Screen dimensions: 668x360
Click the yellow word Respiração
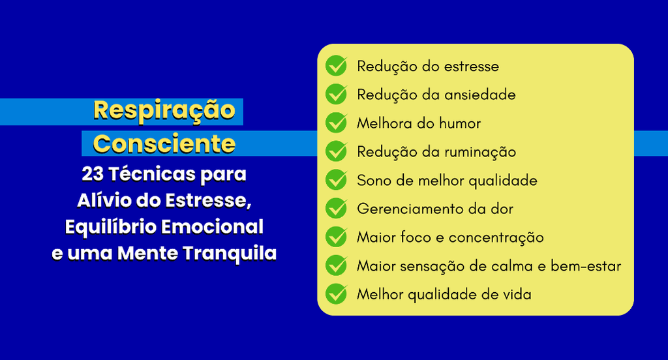[164, 111]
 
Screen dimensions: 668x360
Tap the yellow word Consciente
[164, 143]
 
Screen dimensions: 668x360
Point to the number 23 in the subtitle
[93, 174]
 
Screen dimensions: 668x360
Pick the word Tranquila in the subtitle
[230, 253]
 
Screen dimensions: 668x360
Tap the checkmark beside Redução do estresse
[337, 66]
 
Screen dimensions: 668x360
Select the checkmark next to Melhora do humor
[337, 123]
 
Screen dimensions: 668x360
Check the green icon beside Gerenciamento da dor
[337, 208]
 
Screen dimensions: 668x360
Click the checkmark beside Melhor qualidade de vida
[337, 294]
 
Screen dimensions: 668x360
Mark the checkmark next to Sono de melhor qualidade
[337, 180]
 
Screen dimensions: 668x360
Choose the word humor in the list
[460, 123]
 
